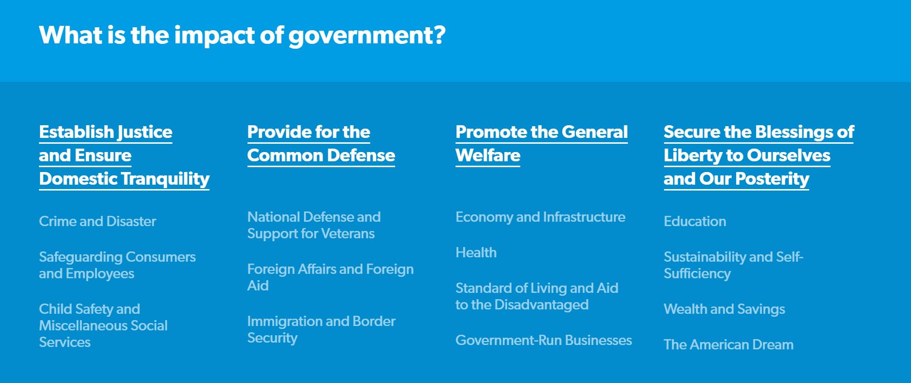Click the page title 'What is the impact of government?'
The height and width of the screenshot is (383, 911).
[x=242, y=35]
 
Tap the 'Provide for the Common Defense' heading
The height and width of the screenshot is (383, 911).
[x=321, y=144]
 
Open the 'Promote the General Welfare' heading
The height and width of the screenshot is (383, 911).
[x=541, y=144]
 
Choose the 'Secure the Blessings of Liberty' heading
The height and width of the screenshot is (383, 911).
[x=758, y=155]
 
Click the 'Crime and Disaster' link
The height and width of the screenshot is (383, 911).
[x=97, y=221]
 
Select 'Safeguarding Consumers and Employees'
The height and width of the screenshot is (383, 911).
[x=117, y=265]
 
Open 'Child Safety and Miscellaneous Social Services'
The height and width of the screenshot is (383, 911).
[x=103, y=325]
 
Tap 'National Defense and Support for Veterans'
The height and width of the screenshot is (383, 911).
[x=314, y=225]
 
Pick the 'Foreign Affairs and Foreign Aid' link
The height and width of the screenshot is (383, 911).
[x=330, y=277]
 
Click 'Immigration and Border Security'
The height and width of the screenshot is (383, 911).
[x=321, y=329]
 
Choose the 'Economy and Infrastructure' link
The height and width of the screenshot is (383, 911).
[x=540, y=217]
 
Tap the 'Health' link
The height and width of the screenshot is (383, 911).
[x=476, y=252]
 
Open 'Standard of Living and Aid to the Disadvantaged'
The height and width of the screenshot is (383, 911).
[x=536, y=296]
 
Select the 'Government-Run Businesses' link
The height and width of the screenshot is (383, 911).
[x=544, y=340]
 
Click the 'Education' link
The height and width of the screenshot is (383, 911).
[x=695, y=221]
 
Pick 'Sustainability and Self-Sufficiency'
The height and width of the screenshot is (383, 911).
[x=733, y=265]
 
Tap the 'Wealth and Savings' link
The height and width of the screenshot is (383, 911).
[x=724, y=309]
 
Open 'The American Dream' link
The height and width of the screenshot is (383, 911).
[x=728, y=345]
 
